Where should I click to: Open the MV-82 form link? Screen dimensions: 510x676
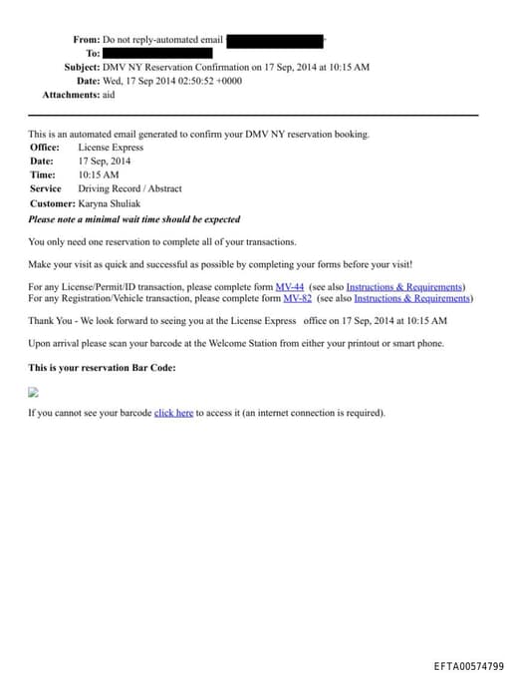coord(297,297)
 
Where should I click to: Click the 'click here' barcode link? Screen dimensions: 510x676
coord(173,413)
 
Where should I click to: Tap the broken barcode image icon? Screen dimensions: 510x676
coord(33,392)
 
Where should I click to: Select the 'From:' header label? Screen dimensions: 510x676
coord(86,40)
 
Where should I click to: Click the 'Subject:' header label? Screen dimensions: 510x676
coord(82,67)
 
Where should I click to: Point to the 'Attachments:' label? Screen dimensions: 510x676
coord(71,95)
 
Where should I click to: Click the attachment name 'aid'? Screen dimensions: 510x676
coord(110,95)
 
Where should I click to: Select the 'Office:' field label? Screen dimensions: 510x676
coord(45,148)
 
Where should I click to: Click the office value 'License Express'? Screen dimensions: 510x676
coord(111,148)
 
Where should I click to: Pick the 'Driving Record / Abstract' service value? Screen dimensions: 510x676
coord(129,188)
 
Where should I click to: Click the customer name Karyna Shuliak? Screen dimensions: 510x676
coord(110,203)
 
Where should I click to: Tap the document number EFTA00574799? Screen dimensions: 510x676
coord(468,666)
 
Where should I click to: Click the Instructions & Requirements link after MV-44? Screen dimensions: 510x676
coord(404,286)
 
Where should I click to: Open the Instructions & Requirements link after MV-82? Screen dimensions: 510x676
coord(412,297)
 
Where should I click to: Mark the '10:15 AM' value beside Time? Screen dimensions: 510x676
coord(99,174)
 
